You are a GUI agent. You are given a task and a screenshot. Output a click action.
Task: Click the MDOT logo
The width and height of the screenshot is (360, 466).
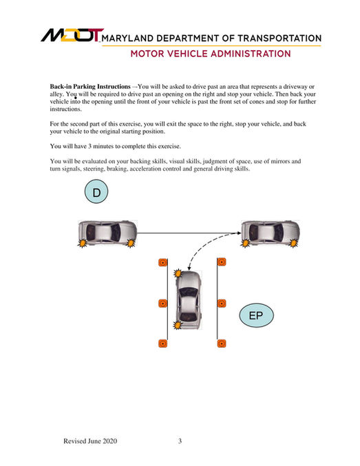coord(72,35)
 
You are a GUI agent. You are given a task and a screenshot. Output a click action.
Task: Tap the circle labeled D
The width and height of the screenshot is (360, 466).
coord(96,191)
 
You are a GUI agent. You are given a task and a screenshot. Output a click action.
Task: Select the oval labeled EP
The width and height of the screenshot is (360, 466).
coord(256,315)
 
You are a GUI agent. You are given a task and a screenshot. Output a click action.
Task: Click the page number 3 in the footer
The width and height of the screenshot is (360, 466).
coord(180,441)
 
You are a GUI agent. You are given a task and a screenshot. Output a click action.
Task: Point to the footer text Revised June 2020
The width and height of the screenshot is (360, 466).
coord(90,441)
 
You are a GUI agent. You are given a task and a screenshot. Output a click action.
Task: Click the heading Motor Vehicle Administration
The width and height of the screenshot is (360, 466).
coord(211,54)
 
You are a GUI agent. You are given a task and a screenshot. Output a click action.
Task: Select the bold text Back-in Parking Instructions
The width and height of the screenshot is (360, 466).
coord(90,87)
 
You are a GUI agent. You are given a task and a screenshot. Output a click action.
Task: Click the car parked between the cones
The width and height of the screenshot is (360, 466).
coord(188,299)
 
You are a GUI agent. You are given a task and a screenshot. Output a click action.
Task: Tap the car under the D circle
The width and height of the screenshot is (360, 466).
coord(107,233)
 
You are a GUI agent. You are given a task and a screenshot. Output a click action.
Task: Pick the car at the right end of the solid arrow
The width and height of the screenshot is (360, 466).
coord(271,233)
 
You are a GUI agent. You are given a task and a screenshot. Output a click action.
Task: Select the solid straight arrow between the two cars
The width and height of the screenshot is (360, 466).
coord(189,233)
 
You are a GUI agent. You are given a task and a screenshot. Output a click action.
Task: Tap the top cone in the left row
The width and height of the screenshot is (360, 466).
coord(162,262)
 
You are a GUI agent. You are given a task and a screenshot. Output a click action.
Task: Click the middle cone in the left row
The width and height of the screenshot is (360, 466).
coord(162,304)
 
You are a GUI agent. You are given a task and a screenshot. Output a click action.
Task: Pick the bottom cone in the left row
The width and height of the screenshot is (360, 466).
coord(162,343)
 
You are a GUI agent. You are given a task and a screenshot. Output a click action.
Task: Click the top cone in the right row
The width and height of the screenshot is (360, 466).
coord(222,262)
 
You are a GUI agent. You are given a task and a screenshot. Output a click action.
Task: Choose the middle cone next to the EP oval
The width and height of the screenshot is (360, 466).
coord(222,304)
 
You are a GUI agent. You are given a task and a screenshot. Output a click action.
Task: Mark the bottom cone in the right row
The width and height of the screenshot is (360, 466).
coord(222,343)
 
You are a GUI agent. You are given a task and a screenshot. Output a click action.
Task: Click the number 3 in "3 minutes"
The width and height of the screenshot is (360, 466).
coord(89,146)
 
